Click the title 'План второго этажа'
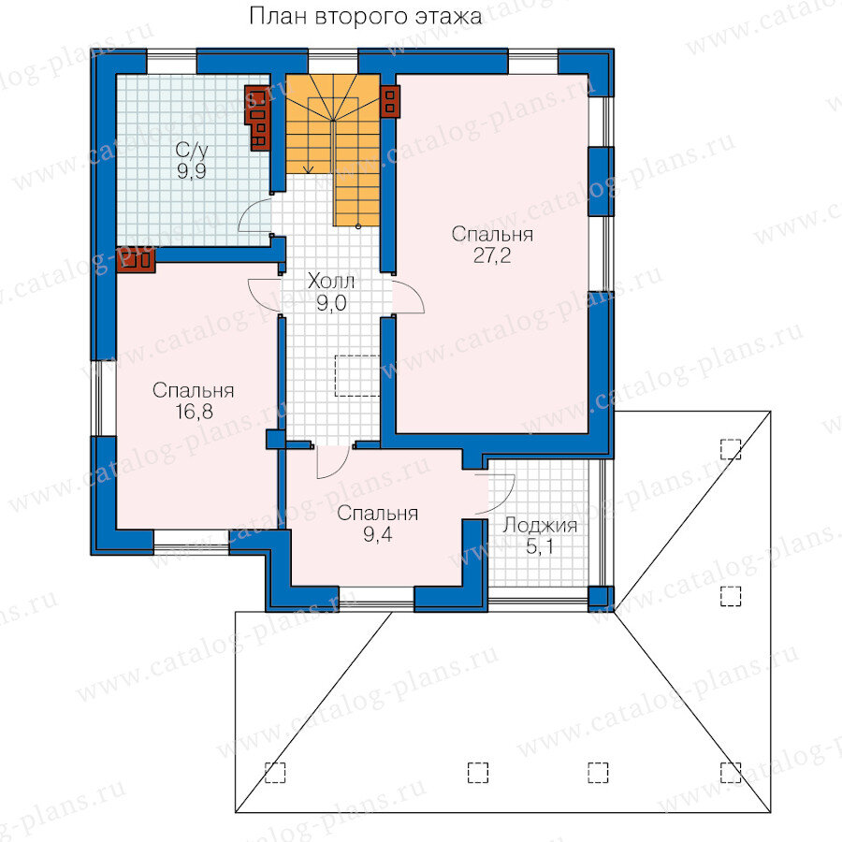point(365,17)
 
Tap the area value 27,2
point(492,256)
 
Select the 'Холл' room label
point(331,282)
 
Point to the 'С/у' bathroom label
point(191,151)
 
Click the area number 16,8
point(194,412)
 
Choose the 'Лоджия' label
point(539,526)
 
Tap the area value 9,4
point(378,535)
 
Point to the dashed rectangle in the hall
point(357,375)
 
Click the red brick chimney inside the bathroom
point(258,118)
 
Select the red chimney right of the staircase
point(390,101)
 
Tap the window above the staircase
point(333,61)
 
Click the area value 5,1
point(539,547)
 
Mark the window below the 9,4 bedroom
point(376,597)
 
